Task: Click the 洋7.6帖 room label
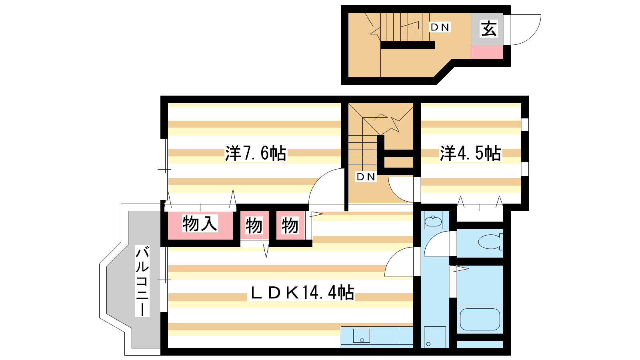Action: click(256, 154)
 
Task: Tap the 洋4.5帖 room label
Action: click(470, 154)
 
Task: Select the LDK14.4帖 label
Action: click(302, 292)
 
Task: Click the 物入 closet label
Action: click(200, 224)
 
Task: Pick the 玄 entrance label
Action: click(489, 28)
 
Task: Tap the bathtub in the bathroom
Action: click(480, 320)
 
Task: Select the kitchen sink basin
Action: click(362, 336)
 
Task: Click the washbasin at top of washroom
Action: click(433, 222)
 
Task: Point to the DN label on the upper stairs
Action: click(440, 27)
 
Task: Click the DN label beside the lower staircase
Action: click(366, 177)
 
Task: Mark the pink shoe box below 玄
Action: click(487, 52)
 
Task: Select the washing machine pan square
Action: click(435, 337)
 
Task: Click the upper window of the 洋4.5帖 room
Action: click(525, 124)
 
